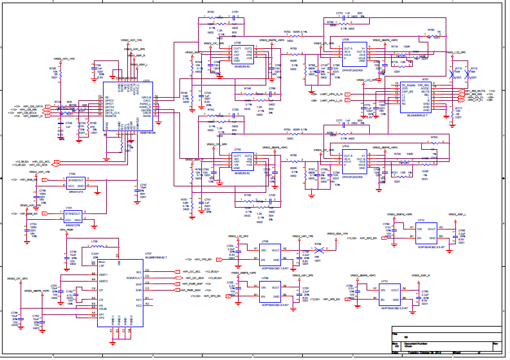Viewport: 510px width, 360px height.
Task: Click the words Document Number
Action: tap(415, 344)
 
